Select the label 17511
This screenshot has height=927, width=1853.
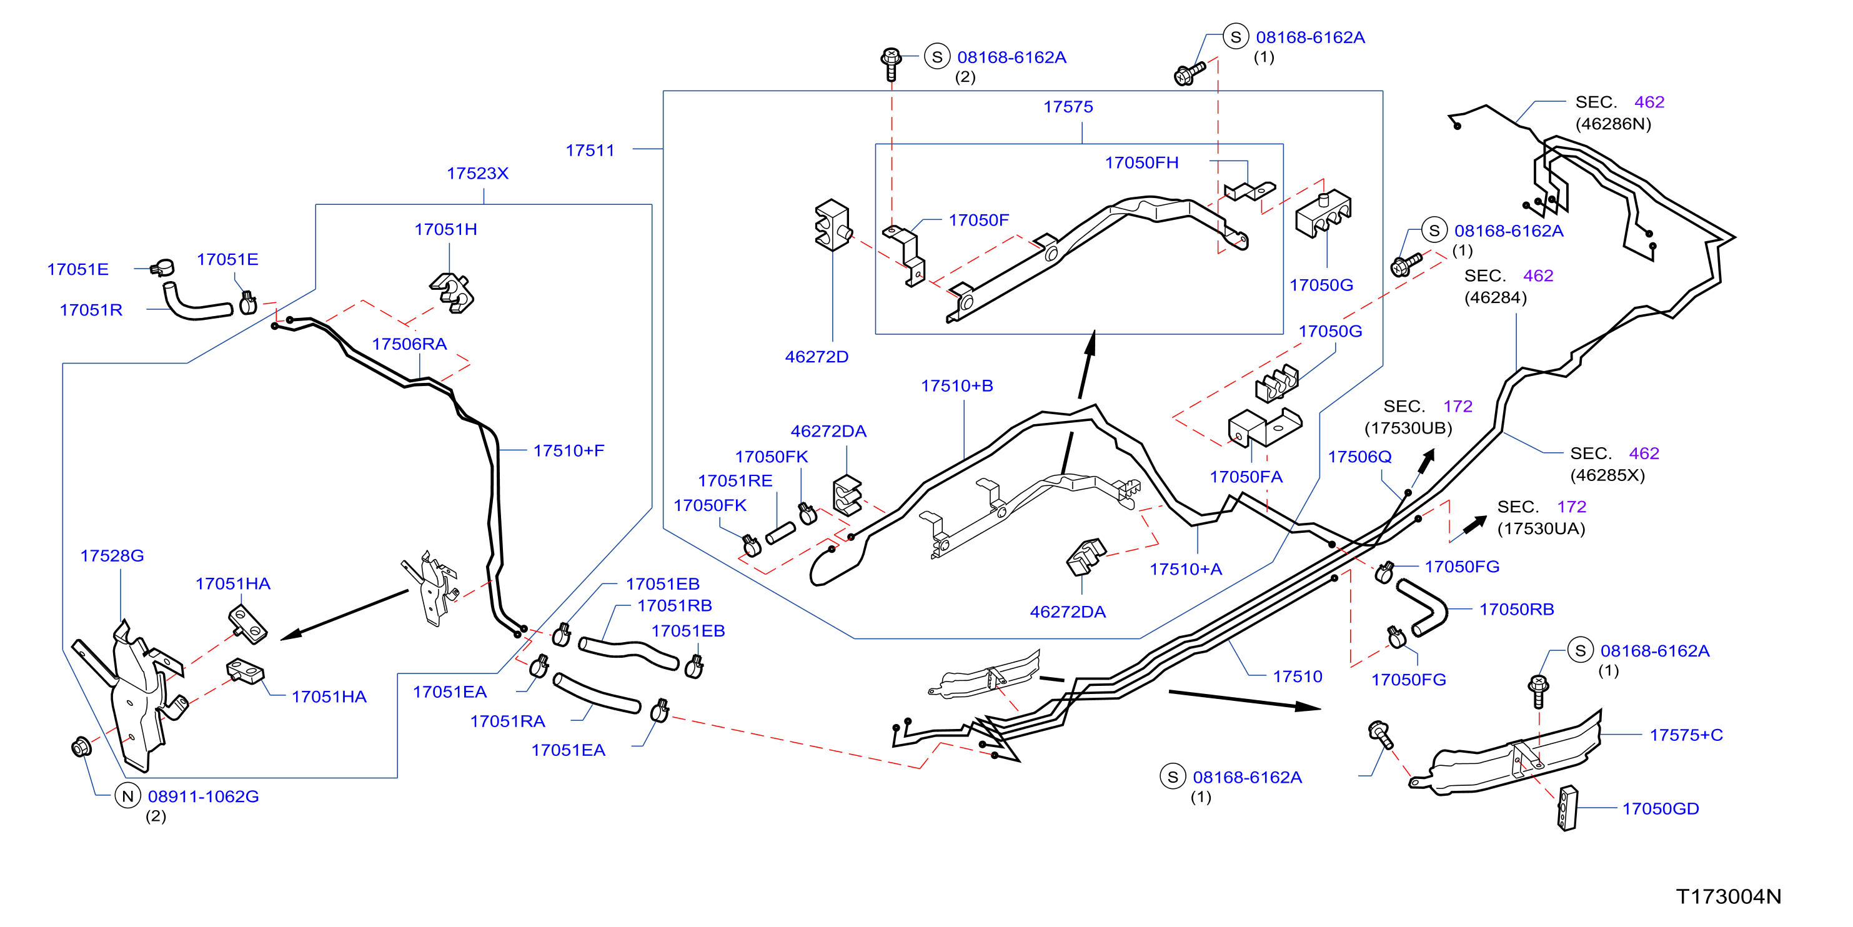(x=590, y=151)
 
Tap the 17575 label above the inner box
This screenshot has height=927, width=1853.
(x=1068, y=106)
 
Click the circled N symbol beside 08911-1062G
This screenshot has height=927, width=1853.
(x=128, y=796)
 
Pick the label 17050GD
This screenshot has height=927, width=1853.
(x=1660, y=808)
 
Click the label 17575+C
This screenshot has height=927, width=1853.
(x=1686, y=734)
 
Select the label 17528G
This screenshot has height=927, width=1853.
(x=112, y=555)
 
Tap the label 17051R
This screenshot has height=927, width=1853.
(x=91, y=310)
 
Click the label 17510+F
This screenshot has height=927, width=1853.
(x=569, y=450)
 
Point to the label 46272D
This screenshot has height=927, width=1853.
(x=817, y=357)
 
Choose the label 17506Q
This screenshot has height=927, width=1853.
(x=1359, y=457)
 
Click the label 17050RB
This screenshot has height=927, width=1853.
(x=1516, y=609)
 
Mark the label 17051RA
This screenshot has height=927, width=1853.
(x=507, y=721)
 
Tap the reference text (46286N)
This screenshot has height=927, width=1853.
(x=1614, y=124)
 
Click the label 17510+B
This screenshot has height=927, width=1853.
(x=956, y=385)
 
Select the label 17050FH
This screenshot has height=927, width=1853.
(x=1141, y=162)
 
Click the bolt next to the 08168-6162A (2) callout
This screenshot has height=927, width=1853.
(x=892, y=64)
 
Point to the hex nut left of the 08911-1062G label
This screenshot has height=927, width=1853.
(x=81, y=746)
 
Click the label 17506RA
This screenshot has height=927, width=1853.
(x=409, y=344)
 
